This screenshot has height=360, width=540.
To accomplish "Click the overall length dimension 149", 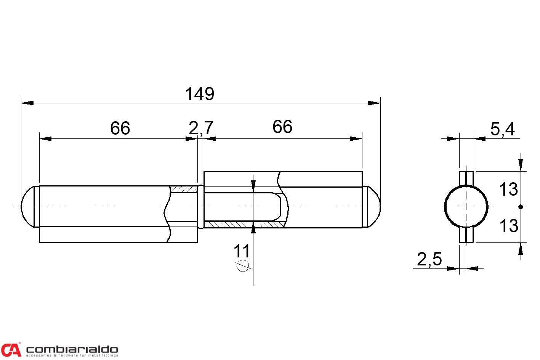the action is click(199, 94).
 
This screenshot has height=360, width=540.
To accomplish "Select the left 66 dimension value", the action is click(120, 128).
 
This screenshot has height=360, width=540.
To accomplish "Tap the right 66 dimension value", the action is click(282, 127).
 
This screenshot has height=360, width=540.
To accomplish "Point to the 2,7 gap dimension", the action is click(201, 128).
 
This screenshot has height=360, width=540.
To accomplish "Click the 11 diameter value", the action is click(242, 251).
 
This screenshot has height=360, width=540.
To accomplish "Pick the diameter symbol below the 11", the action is click(242, 266).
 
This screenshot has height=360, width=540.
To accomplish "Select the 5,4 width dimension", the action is click(503, 129).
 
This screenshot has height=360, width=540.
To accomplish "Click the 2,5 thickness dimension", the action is click(429, 259).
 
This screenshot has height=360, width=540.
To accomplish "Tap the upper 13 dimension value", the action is click(508, 189).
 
